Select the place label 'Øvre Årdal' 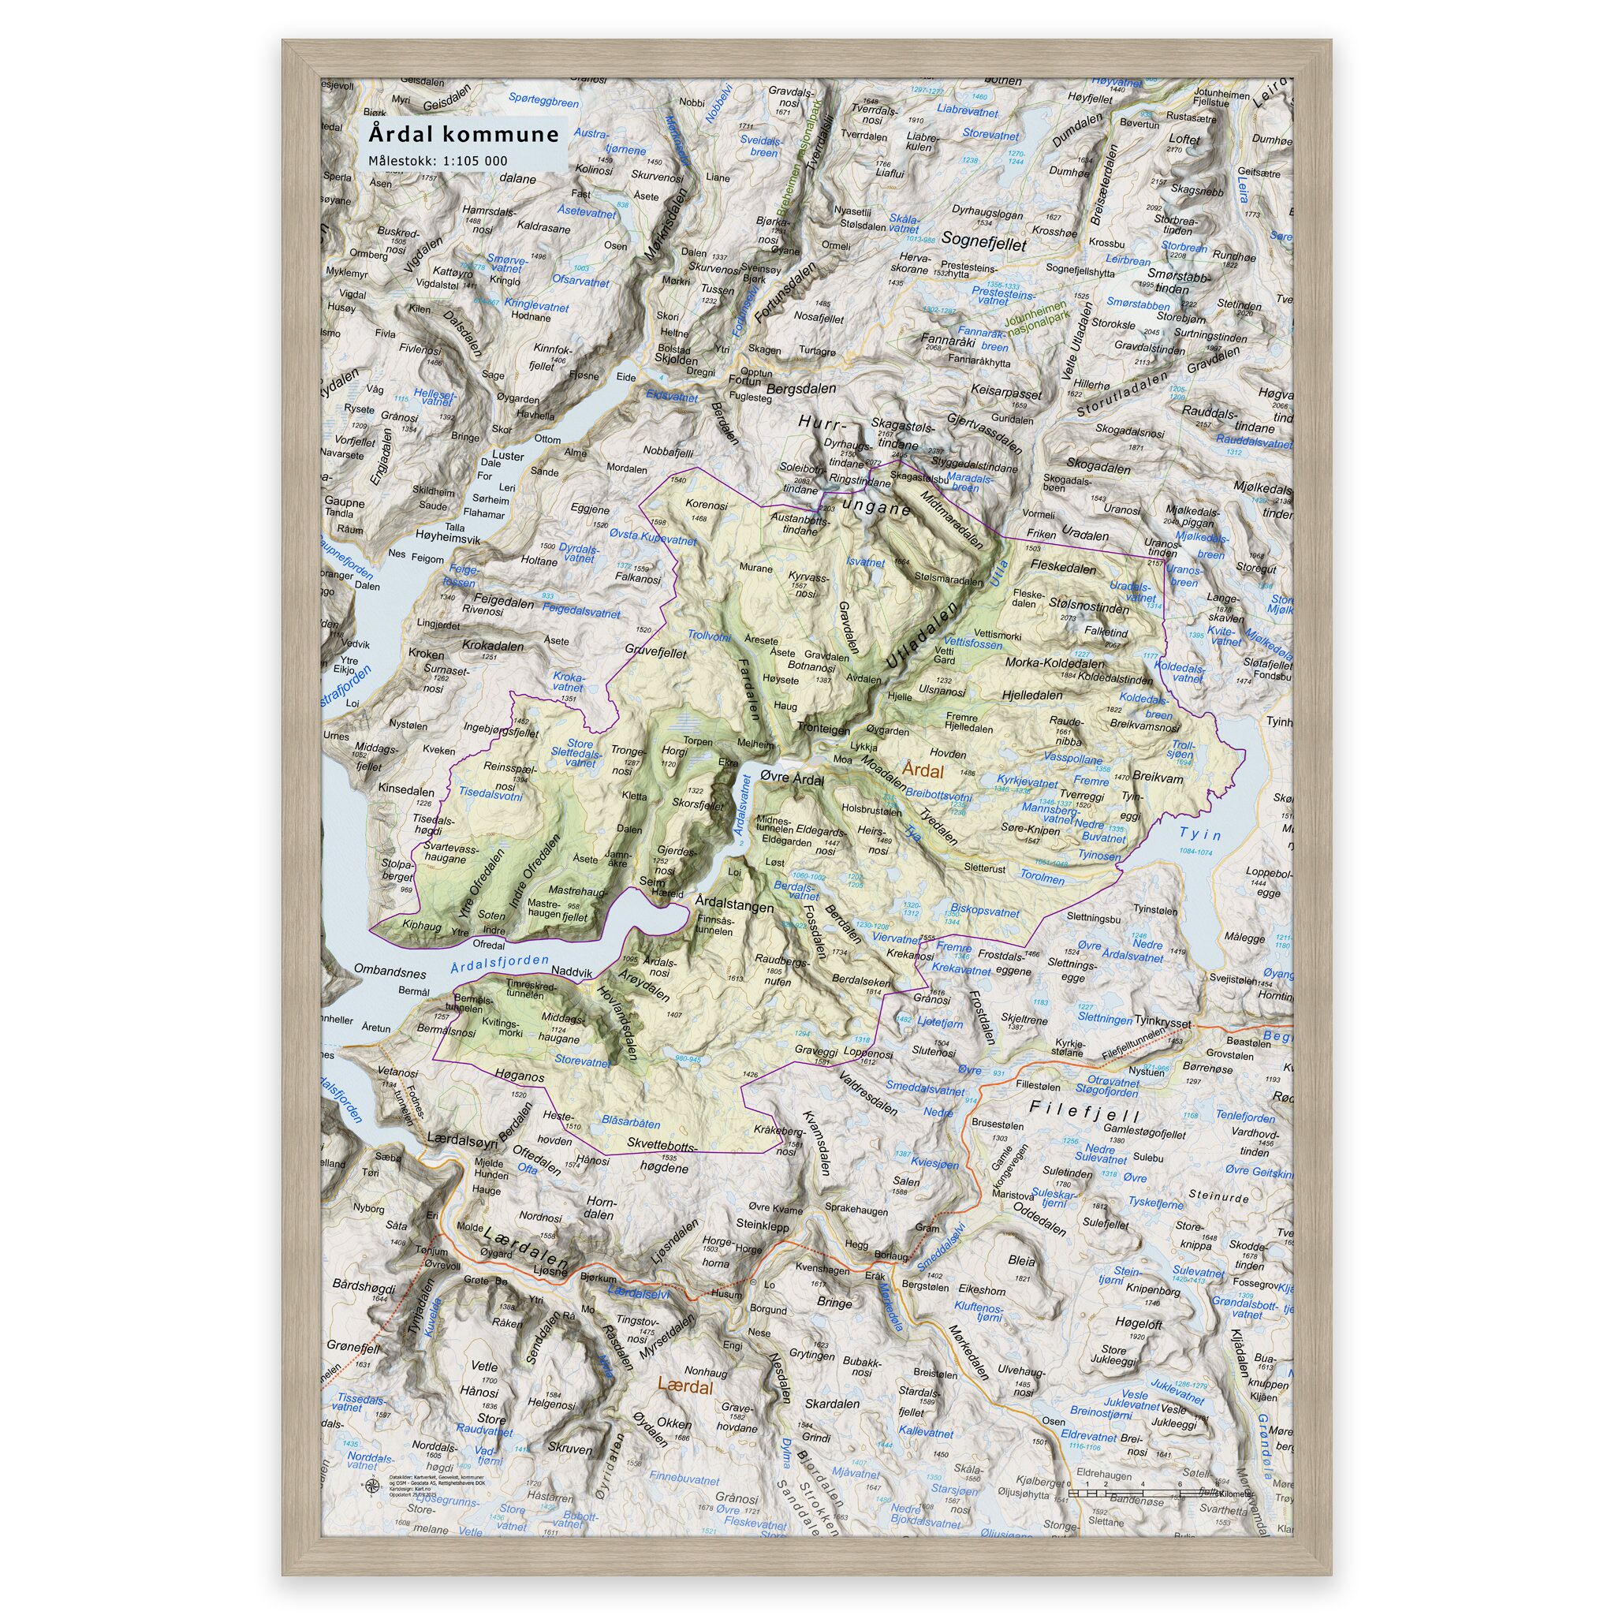coord(791,778)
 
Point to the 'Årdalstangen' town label coord(735,905)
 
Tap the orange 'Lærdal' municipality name coord(685,1388)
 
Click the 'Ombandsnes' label coord(390,973)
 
